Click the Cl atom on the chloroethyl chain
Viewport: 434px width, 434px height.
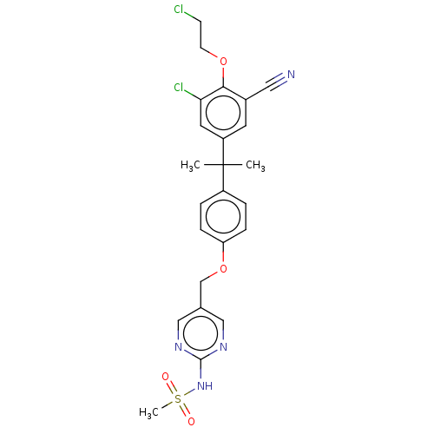point(179,10)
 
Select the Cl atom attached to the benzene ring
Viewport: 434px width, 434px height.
point(179,87)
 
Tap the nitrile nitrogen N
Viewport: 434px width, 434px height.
point(291,75)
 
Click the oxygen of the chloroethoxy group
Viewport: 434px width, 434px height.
point(223,62)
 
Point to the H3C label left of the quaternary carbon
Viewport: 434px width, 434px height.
point(190,166)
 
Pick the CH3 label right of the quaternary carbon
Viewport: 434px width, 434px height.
point(255,166)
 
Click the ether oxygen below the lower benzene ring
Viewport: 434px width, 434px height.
point(223,268)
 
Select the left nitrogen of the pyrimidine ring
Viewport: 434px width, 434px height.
point(179,347)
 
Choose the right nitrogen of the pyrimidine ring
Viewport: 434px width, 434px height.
point(223,347)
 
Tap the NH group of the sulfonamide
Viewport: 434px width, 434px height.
point(205,385)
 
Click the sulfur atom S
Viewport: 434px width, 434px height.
point(178,399)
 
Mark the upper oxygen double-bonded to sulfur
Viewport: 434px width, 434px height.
point(165,377)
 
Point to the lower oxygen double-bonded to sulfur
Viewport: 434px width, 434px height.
point(191,421)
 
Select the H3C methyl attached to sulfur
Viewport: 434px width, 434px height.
point(148,412)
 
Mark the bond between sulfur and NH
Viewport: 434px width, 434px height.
point(189,393)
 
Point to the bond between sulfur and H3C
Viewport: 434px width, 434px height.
point(167,404)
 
